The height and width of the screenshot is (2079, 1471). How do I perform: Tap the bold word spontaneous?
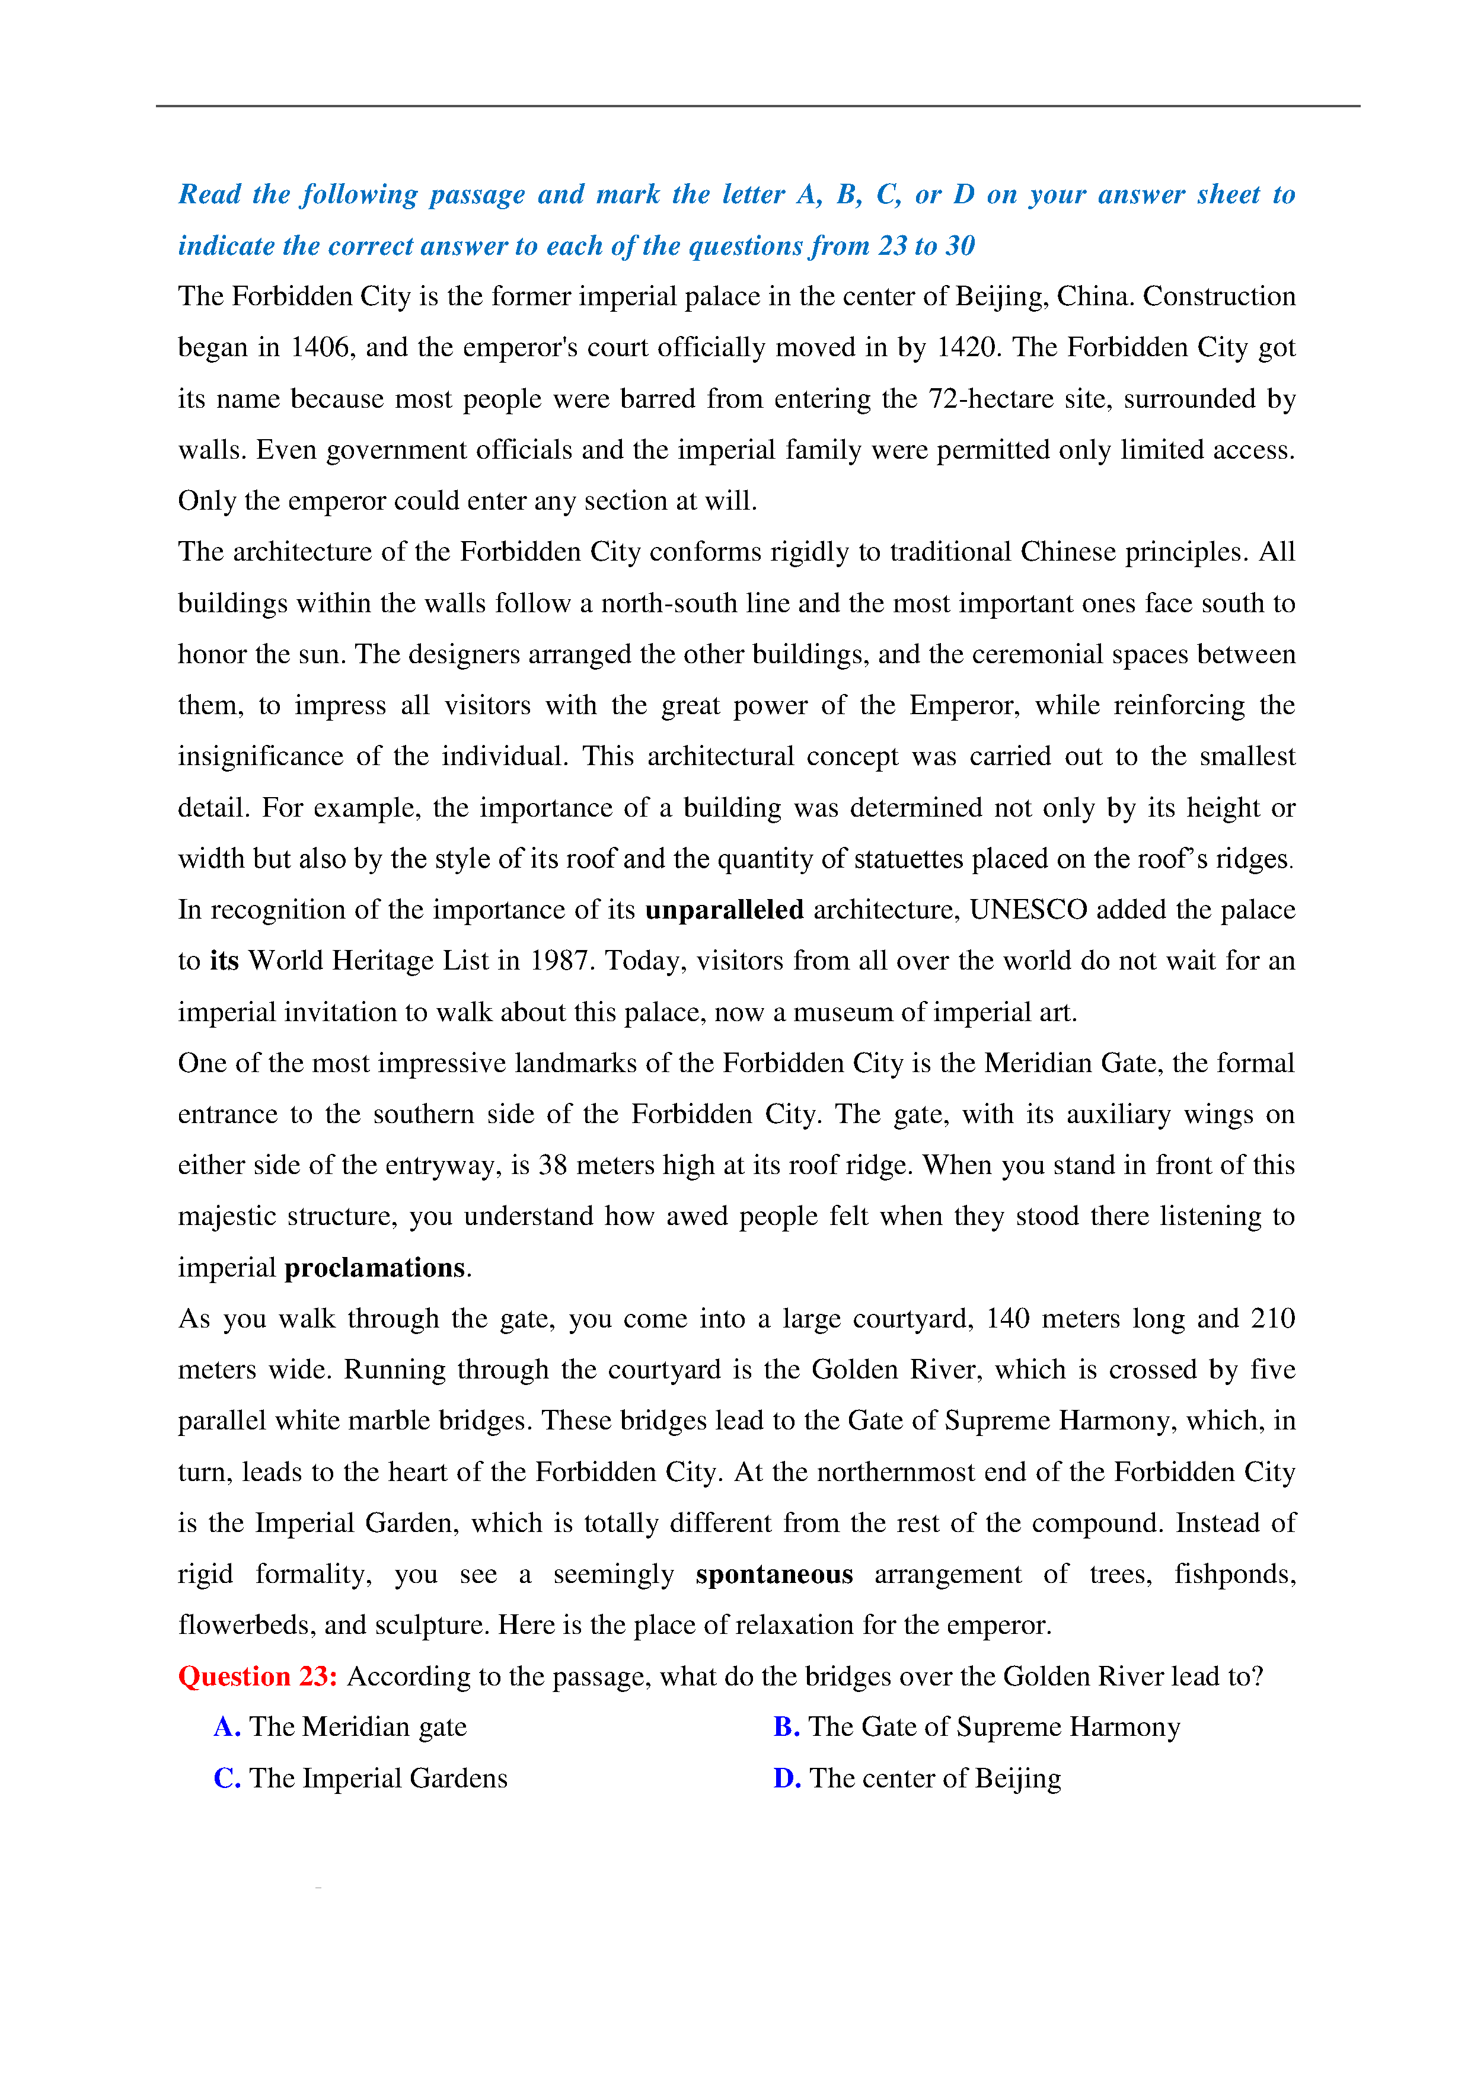(774, 1575)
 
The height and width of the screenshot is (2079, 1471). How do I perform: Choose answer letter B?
(786, 1728)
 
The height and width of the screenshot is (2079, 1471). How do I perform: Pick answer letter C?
(226, 1779)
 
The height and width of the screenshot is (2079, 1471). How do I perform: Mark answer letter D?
(786, 1779)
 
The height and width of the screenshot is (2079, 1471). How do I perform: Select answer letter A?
(226, 1728)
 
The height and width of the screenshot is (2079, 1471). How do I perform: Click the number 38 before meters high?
(553, 1165)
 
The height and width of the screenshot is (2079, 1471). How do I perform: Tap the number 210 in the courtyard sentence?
(1272, 1319)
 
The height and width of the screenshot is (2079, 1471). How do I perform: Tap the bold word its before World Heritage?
(224, 961)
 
